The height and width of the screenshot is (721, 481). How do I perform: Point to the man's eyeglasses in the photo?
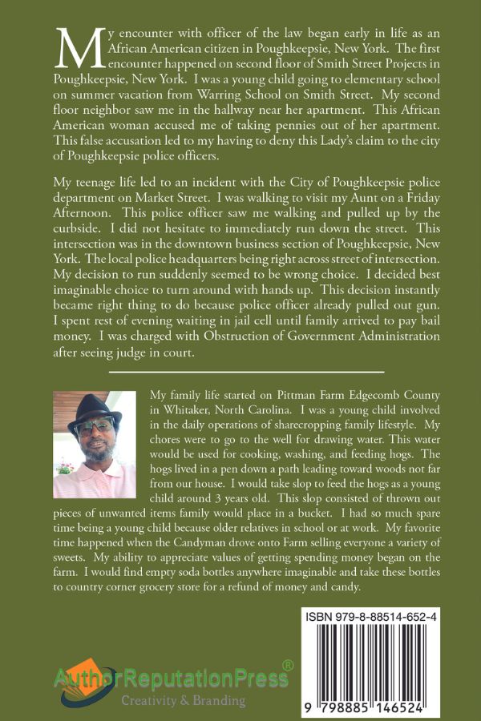tap(93, 429)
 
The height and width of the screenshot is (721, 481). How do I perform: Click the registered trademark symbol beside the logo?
tap(288, 665)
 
